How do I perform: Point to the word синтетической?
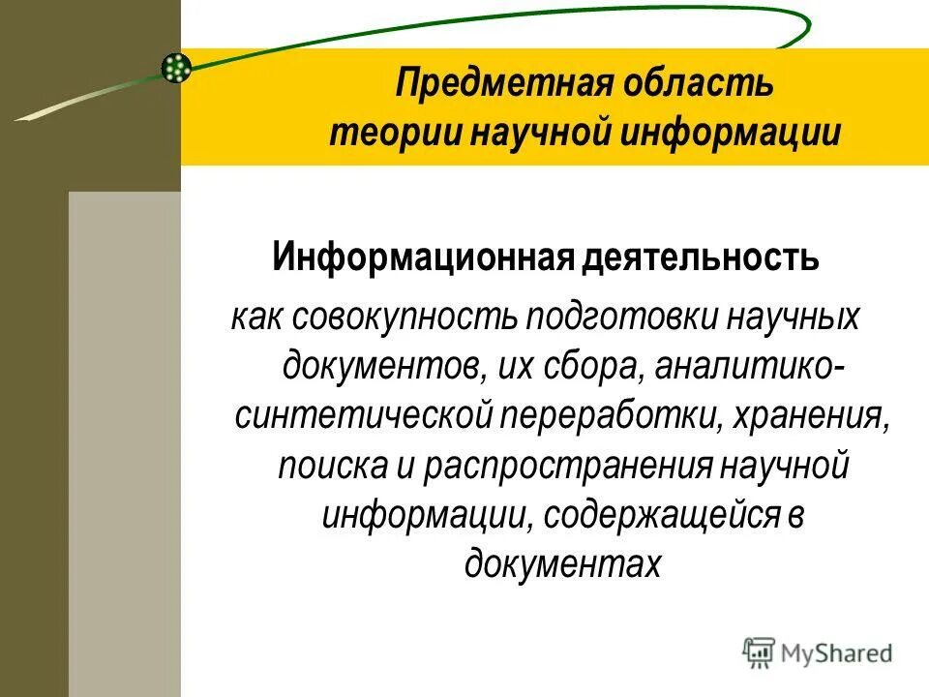[365, 416]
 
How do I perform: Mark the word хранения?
[810, 416]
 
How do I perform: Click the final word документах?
[563, 563]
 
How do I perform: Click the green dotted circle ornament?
[176, 67]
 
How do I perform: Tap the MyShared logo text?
[836, 653]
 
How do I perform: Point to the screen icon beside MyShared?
[760, 652]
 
